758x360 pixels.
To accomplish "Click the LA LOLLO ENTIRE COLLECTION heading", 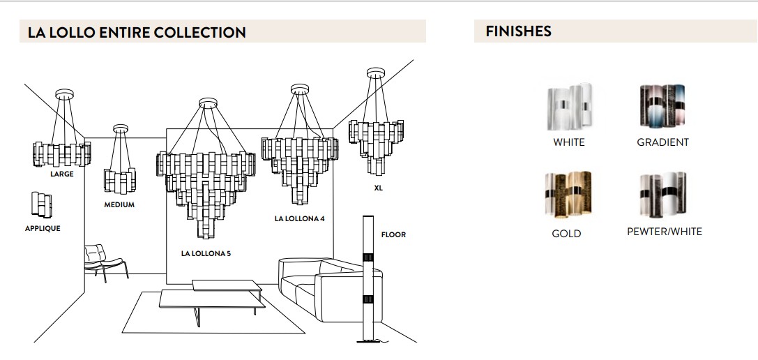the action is coord(137,32).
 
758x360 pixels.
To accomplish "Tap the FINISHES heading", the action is coord(518,31).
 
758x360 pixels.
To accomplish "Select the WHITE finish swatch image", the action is coord(569,107).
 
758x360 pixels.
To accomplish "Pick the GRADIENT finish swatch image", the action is coord(662,106).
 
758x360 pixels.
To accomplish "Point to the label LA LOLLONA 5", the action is coord(206,253).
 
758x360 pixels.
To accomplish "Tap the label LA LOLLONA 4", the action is coord(300,218).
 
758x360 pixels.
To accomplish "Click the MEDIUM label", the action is coord(119,204).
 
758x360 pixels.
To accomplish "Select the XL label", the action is coord(378,188).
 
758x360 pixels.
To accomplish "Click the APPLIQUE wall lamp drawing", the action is coord(42,204).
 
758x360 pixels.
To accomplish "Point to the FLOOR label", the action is coord(393,234).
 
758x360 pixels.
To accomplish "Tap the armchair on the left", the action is coord(105,262).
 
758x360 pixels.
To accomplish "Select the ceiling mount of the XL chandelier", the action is coord(376,73).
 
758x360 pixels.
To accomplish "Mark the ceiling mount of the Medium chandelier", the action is coord(121,128).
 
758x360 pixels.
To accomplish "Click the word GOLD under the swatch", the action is coord(566,234).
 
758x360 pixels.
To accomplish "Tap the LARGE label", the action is coord(62,174).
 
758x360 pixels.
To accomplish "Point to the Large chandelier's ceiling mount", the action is coord(64,94).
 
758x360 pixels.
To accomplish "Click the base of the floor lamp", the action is coord(368,341).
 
